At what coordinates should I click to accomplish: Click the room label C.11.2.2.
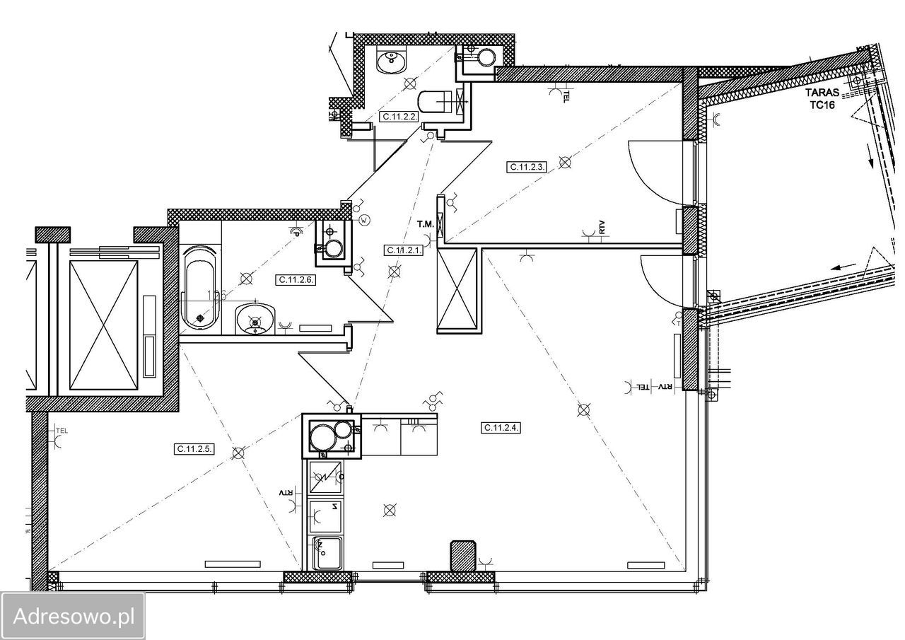(399, 117)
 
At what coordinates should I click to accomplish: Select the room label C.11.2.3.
(527, 167)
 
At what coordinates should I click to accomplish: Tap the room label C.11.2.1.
(404, 250)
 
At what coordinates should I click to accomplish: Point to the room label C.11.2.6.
(296, 279)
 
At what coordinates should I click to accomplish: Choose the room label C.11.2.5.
(194, 449)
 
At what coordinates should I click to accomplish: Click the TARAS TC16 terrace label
(822, 98)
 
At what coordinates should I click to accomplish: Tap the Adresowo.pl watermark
(73, 617)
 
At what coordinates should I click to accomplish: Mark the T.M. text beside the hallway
(426, 224)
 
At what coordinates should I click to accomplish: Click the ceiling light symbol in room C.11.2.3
(565, 163)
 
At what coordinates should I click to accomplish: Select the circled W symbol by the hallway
(365, 220)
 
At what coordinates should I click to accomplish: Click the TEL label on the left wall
(62, 431)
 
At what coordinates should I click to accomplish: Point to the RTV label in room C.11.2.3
(602, 228)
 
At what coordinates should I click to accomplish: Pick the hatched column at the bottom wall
(463, 556)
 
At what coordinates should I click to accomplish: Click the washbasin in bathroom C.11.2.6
(255, 320)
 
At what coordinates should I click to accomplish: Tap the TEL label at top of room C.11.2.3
(566, 96)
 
